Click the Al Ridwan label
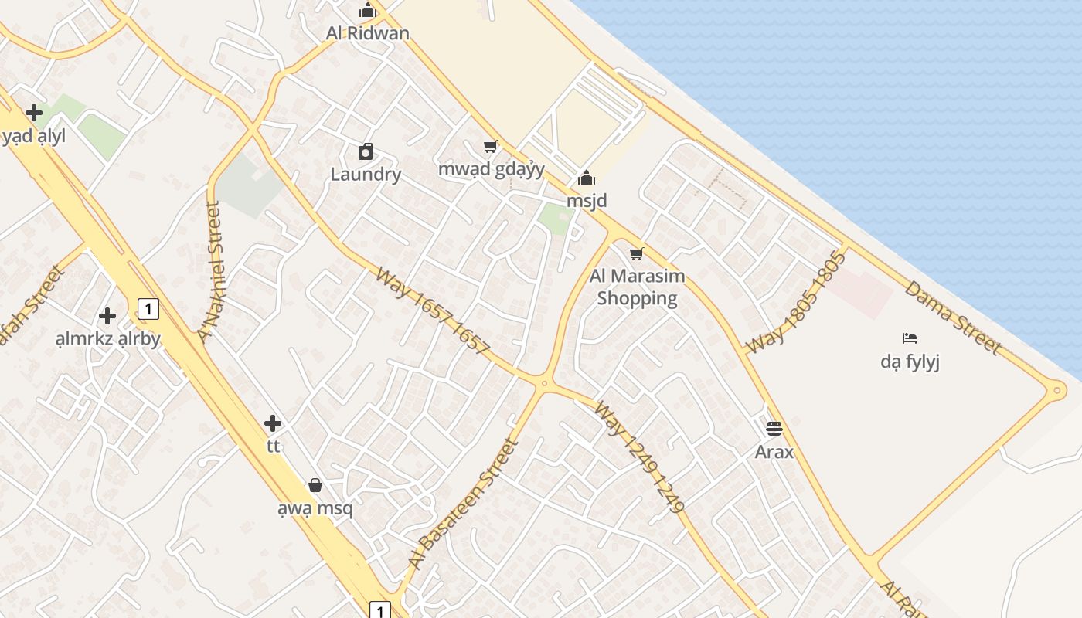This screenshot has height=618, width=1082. click(x=367, y=33)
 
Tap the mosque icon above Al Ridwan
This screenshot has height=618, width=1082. click(x=367, y=11)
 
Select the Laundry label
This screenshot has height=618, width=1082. click(x=366, y=174)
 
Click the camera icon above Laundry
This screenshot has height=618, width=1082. click(x=366, y=151)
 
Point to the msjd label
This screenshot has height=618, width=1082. click(x=587, y=201)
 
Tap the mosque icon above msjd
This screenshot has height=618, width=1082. click(x=587, y=178)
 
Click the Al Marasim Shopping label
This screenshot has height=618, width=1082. click(x=637, y=287)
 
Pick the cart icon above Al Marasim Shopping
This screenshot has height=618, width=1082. click(x=637, y=253)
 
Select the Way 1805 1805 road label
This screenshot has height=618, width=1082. click(x=796, y=302)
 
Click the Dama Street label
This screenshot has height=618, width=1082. click(x=952, y=317)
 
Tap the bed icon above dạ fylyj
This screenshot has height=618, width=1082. click(x=910, y=338)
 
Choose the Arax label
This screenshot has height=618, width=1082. click(x=774, y=451)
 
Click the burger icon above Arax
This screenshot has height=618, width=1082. click(x=774, y=429)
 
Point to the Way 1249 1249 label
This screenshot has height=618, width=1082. click(x=640, y=457)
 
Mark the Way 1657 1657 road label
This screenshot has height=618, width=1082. click(x=433, y=311)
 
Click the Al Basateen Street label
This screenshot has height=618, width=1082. click(x=462, y=504)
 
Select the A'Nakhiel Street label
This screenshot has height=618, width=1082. click(x=209, y=271)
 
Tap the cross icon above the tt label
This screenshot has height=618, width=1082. click(x=272, y=423)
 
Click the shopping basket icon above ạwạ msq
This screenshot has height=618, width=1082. click(x=315, y=485)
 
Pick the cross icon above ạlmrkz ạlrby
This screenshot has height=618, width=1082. click(x=107, y=316)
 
